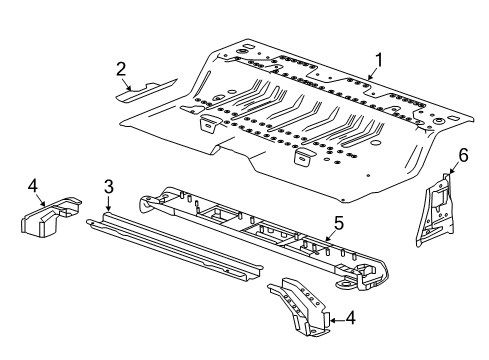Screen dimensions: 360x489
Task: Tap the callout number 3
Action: [x=108, y=185]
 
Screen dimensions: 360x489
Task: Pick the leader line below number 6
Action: [x=453, y=168]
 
